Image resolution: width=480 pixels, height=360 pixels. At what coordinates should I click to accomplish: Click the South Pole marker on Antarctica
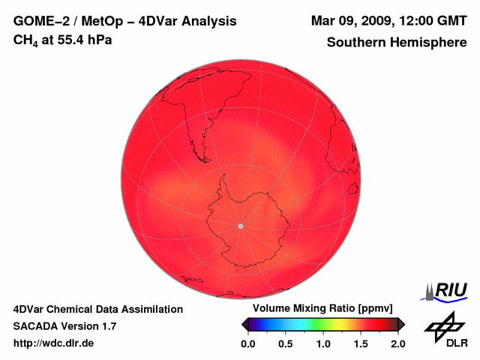click(240, 226)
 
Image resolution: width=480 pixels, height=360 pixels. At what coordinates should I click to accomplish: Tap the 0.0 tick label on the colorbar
click(248, 343)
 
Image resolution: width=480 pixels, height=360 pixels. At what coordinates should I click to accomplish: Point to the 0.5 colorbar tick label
click(286, 343)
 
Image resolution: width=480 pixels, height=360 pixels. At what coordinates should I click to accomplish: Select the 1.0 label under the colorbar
click(323, 343)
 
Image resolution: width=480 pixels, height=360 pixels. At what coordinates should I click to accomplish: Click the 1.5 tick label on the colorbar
click(361, 343)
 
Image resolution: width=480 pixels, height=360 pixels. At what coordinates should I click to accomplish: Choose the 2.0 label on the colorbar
click(398, 343)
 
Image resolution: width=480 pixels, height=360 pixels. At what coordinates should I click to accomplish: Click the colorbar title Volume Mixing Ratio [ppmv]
click(318, 309)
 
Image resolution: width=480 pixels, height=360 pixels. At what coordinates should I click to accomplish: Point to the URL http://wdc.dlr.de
click(54, 343)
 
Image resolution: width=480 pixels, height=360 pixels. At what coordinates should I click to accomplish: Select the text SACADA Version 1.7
click(64, 326)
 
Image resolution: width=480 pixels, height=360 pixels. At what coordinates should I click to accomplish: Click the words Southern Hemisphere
click(397, 43)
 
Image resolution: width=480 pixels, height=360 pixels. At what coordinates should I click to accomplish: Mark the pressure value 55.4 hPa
click(84, 39)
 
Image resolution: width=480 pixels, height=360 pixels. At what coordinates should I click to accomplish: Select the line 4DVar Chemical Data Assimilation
click(97, 309)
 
